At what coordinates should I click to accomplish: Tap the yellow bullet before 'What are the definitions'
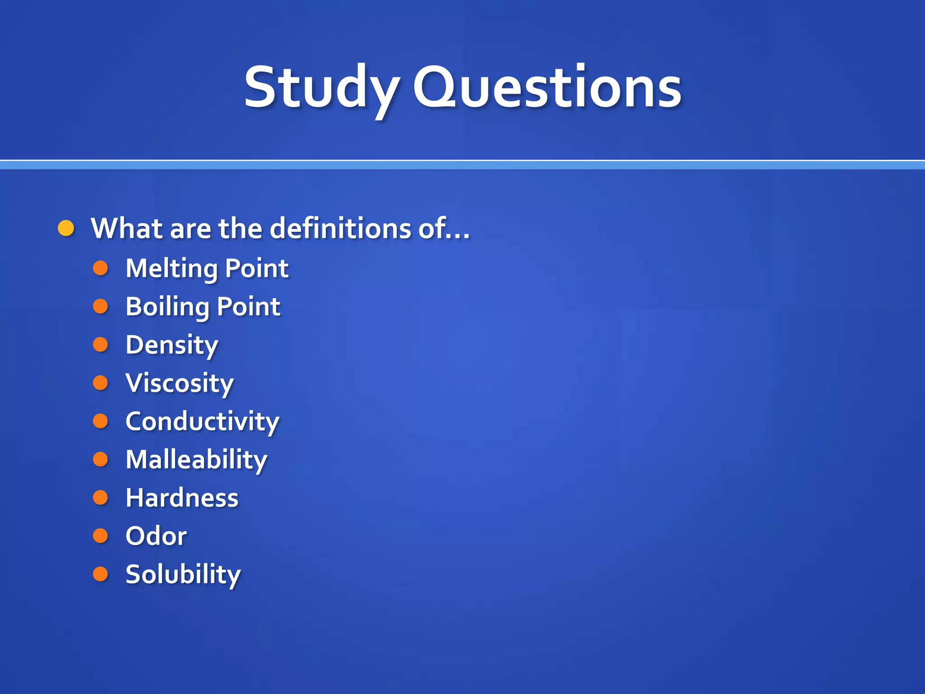(x=66, y=229)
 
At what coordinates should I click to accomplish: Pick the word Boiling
(x=168, y=307)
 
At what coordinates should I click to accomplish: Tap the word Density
(x=172, y=345)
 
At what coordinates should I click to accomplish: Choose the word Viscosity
(x=180, y=383)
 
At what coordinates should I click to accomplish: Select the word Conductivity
(x=202, y=422)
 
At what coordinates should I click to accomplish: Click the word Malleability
(x=196, y=460)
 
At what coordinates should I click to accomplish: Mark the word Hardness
(x=182, y=498)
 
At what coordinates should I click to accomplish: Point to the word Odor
(x=156, y=536)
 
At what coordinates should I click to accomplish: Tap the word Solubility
(x=183, y=574)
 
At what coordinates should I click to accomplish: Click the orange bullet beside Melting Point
(x=100, y=268)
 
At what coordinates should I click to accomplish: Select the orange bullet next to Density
(x=100, y=345)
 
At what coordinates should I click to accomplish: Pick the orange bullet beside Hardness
(x=100, y=497)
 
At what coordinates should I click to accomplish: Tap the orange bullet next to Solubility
(x=100, y=574)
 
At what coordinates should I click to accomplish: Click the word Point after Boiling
(x=248, y=307)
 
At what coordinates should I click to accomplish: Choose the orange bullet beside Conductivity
(x=100, y=421)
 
